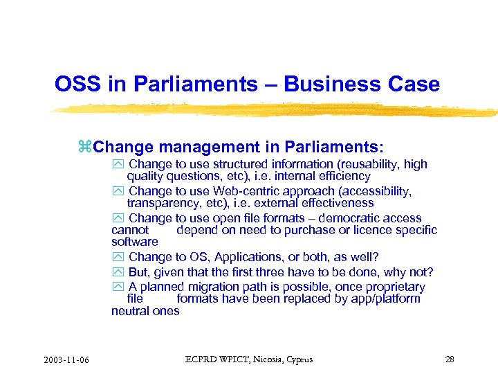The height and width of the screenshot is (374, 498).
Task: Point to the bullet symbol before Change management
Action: (x=85, y=147)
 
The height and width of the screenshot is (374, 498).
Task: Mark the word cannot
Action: (x=130, y=230)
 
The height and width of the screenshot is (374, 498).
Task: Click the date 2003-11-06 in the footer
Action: (x=69, y=359)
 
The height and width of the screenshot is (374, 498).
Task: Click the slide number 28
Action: (x=450, y=359)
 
